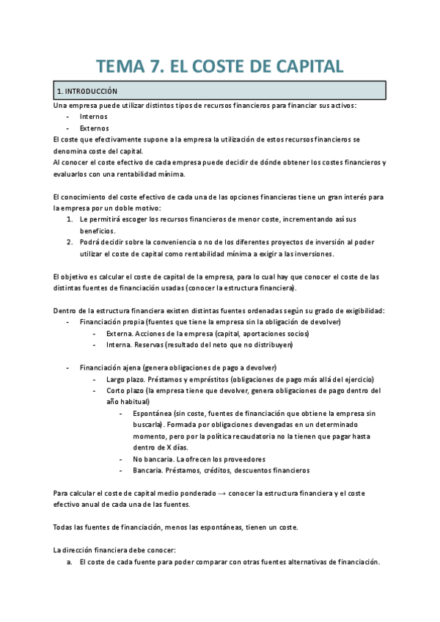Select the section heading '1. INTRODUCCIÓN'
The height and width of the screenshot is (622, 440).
coord(87,91)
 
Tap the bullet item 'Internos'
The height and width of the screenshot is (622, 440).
coord(93,117)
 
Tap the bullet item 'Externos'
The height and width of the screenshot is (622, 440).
coord(94,128)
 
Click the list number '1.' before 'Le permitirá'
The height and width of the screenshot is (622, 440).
coord(70,219)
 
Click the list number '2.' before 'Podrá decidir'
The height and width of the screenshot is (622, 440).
coord(70,242)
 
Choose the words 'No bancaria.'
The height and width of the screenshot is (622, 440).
coord(153,459)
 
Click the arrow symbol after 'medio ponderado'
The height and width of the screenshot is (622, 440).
coord(220,494)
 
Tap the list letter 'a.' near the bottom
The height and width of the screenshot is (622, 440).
coord(70,562)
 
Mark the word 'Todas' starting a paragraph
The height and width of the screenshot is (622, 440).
coord(65,527)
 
